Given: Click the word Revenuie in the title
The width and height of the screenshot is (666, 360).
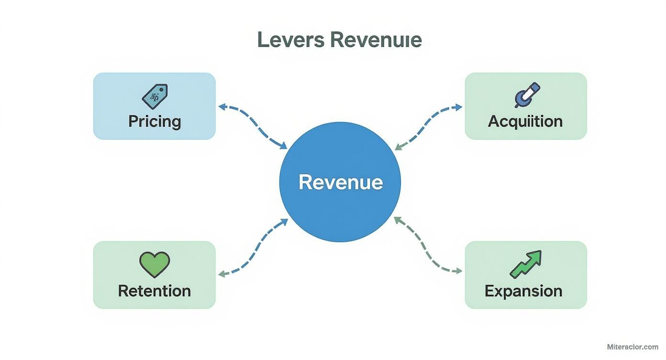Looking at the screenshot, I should tap(376, 40).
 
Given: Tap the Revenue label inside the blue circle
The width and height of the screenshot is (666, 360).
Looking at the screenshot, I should tap(341, 182).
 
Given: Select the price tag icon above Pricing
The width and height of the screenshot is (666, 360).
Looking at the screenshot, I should tap(155, 96).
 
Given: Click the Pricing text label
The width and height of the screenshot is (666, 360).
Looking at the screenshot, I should tap(155, 121).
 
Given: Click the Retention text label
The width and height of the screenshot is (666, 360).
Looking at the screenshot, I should tap(155, 291).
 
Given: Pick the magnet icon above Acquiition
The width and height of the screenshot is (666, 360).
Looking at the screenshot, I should tap(527, 95).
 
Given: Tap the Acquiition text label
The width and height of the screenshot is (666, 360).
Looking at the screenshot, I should tap(525, 121).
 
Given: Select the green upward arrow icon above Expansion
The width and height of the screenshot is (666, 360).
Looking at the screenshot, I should tap(525, 264).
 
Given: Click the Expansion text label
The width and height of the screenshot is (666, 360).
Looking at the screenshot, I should tap(523, 291).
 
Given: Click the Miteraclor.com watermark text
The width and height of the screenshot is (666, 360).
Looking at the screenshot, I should tap(633, 347).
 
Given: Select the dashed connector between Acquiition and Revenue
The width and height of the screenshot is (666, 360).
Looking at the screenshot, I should tap(427, 125).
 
